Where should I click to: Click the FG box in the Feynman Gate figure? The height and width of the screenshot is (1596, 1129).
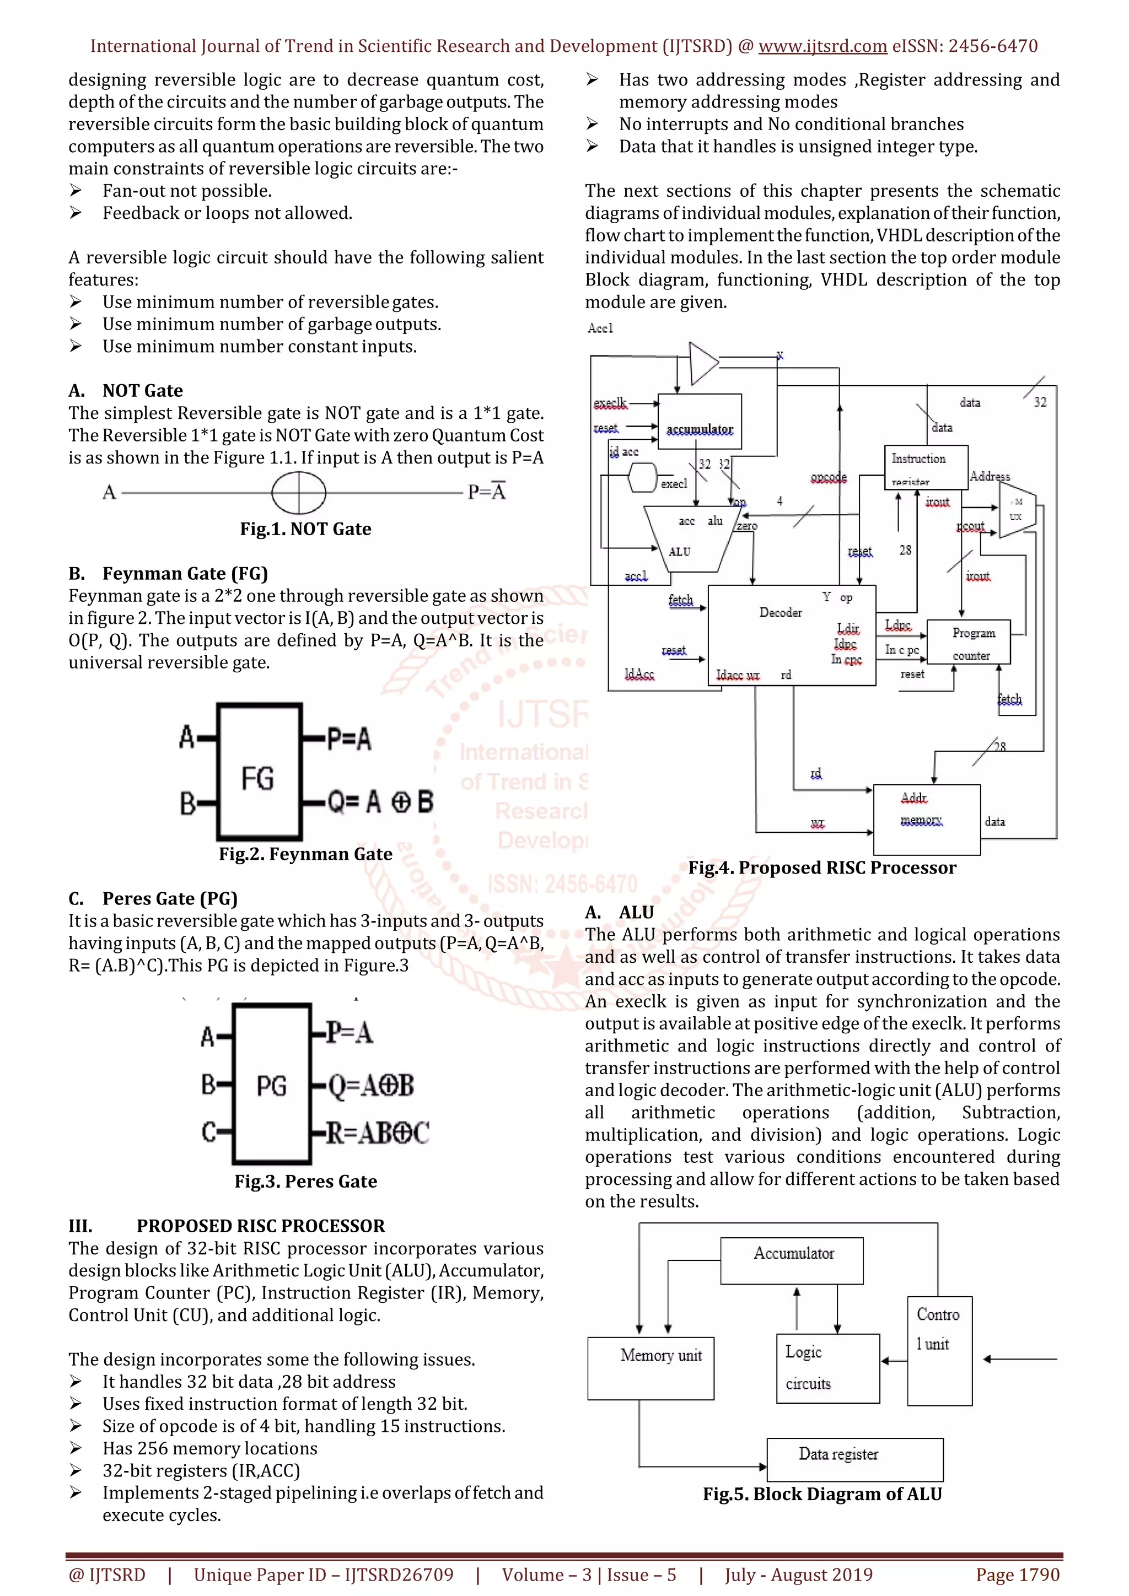(x=259, y=772)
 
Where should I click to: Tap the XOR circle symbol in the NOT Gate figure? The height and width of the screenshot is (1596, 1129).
(x=299, y=492)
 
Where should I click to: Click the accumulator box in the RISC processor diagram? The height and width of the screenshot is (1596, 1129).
(x=700, y=421)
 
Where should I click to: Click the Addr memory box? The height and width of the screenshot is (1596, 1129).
(x=927, y=819)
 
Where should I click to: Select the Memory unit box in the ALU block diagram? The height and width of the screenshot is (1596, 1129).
(x=650, y=1368)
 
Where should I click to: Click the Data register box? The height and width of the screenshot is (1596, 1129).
(x=854, y=1460)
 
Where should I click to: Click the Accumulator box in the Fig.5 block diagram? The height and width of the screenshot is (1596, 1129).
(x=791, y=1260)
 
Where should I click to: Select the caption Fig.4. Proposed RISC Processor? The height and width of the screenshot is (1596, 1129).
(x=822, y=867)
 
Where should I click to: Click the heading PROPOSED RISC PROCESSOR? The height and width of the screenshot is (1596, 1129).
(x=260, y=1226)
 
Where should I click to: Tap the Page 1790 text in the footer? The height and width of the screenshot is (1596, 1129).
(x=1017, y=1575)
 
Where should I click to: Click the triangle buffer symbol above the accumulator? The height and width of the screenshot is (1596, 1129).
(x=702, y=363)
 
